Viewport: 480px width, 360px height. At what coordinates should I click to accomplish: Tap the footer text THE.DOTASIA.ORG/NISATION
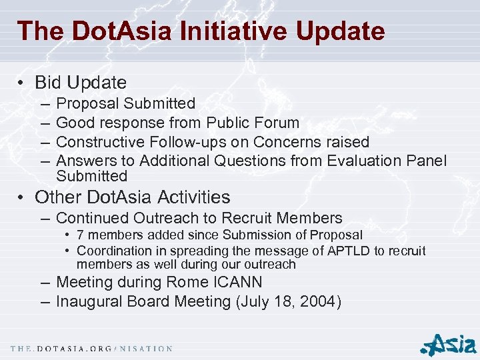tap(91, 349)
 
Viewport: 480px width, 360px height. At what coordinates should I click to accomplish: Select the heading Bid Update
tap(81, 83)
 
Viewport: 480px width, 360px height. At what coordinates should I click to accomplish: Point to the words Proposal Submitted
tap(125, 103)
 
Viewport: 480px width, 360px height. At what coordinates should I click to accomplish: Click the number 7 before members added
tap(81, 235)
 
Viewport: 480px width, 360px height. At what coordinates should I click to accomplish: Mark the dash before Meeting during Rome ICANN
tap(45, 282)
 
